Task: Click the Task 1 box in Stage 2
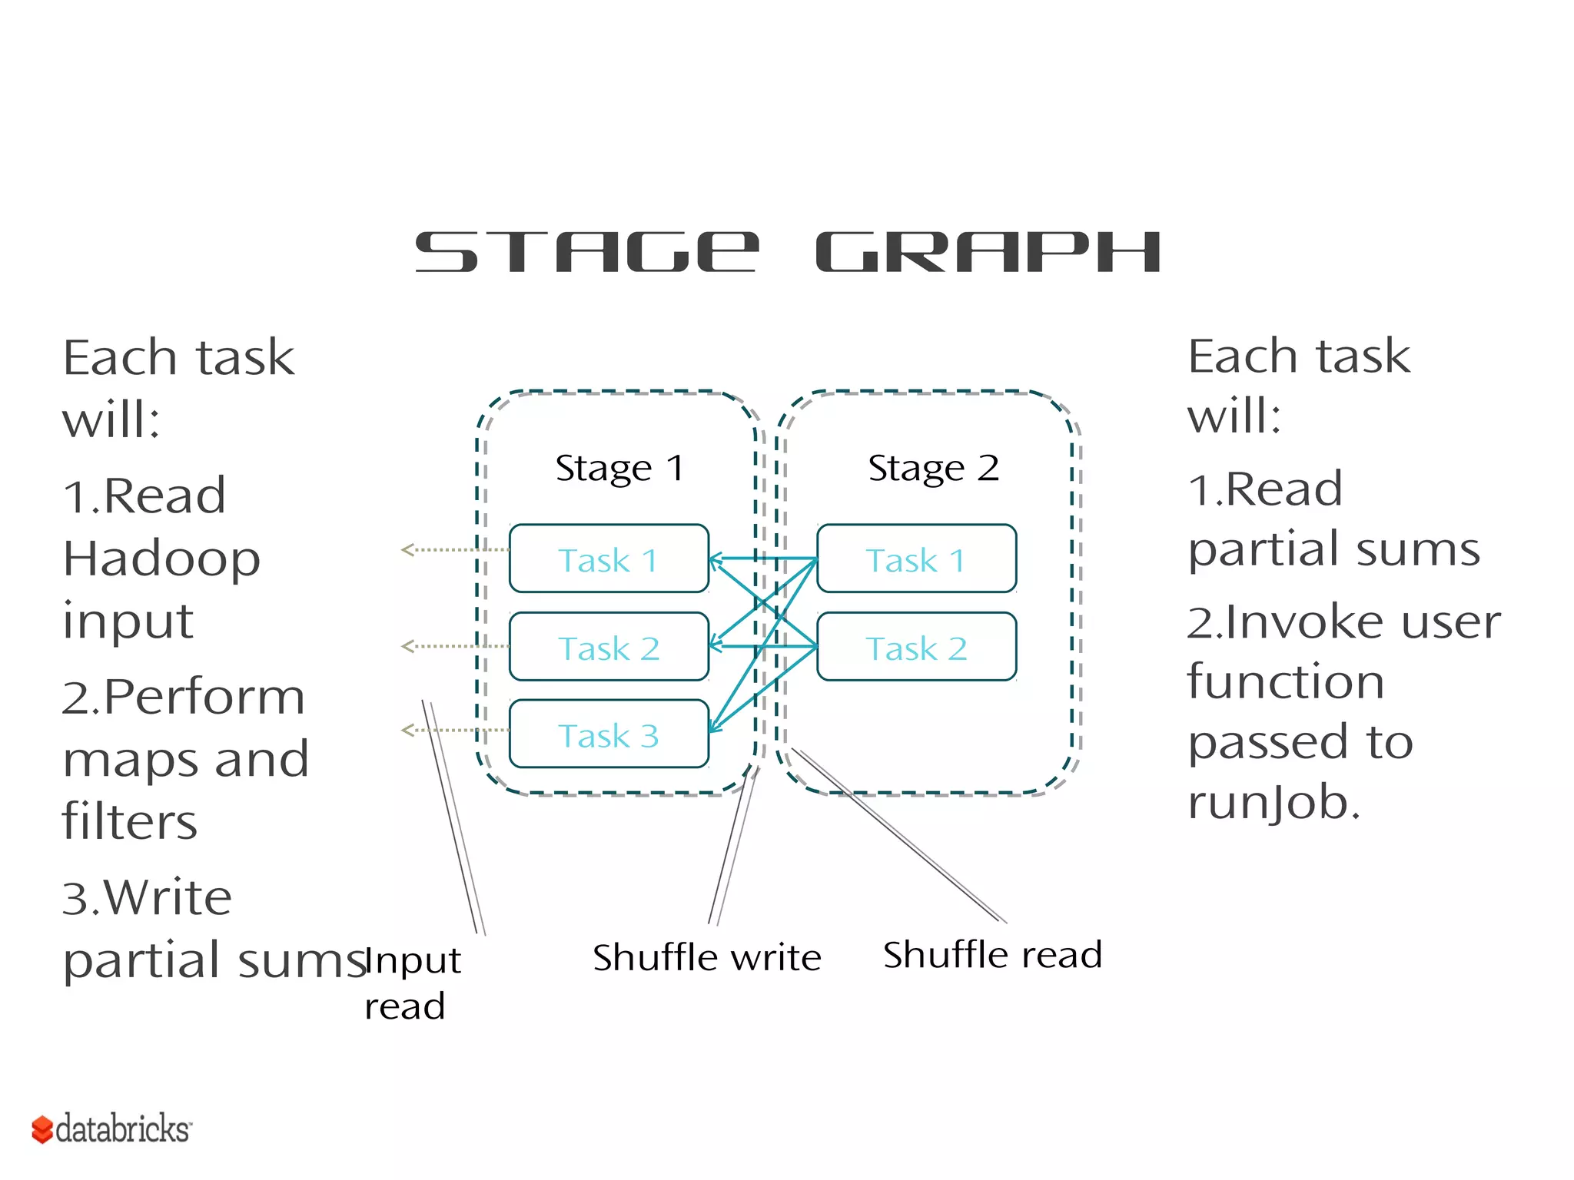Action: pyautogui.click(x=916, y=559)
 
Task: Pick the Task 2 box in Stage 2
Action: pyautogui.click(x=916, y=647)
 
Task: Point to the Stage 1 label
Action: pyautogui.click(x=619, y=468)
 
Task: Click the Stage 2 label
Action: pyautogui.click(x=933, y=468)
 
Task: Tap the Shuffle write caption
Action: pyautogui.click(x=707, y=957)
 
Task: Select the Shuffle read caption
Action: pyautogui.click(x=992, y=955)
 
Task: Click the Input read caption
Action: pyautogui.click(x=412, y=983)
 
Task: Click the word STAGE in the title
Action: pyautogui.click(x=587, y=253)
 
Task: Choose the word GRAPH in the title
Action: pyautogui.click(x=988, y=253)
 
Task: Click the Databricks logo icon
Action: pyautogui.click(x=42, y=1129)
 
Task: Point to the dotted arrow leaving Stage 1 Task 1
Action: pyautogui.click(x=453, y=549)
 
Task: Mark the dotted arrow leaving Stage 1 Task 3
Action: pyautogui.click(x=453, y=730)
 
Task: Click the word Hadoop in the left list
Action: pyautogui.click(x=161, y=559)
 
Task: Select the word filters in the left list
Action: pyautogui.click(x=130, y=821)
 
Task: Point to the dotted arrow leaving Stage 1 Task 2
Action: pyautogui.click(x=453, y=646)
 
